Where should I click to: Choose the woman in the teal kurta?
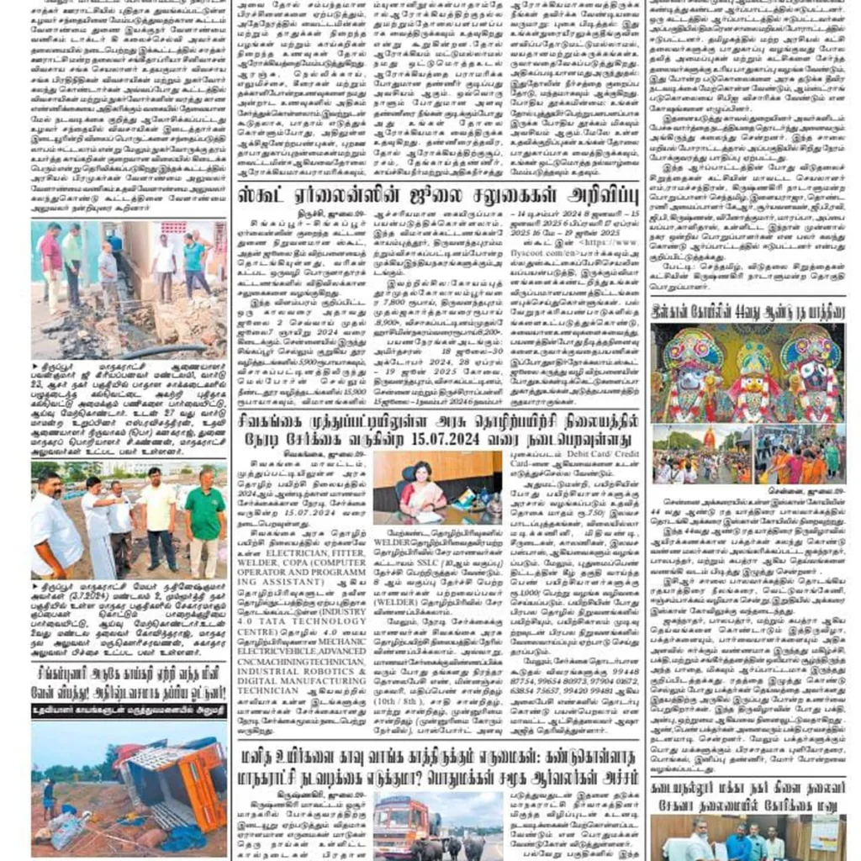click(x=195, y=251)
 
